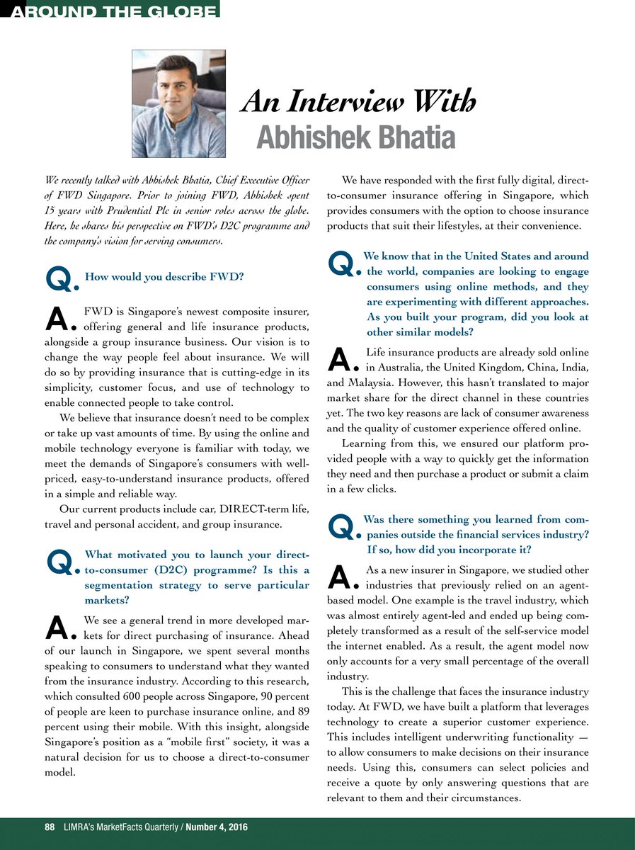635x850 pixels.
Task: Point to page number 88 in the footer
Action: point(30,827)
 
